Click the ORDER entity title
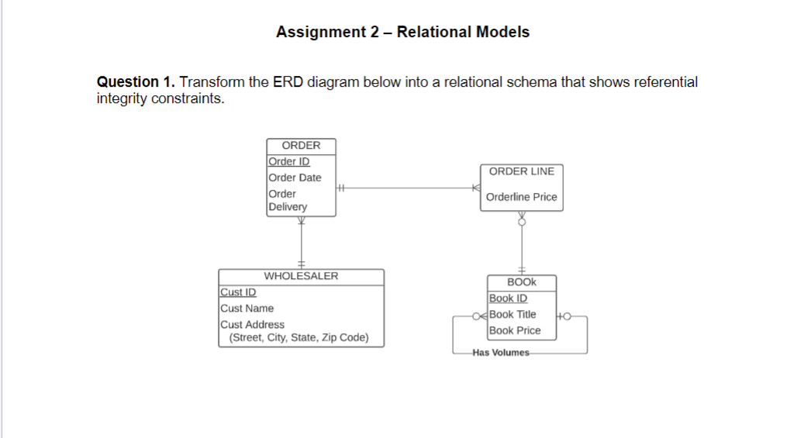[x=301, y=146]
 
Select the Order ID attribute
[x=288, y=161]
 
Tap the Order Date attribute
[x=295, y=178]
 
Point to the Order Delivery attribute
[x=288, y=200]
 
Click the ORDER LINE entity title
[x=522, y=171]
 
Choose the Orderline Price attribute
[x=521, y=197]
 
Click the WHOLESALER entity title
[x=301, y=276]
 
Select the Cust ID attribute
[x=238, y=292]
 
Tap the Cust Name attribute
[x=247, y=309]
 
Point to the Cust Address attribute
[x=252, y=325]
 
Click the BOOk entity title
[x=521, y=282]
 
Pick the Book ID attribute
[x=508, y=298]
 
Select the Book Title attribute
[x=513, y=314]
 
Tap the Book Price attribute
[x=515, y=330]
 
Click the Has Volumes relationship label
[x=501, y=353]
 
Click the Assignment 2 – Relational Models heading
[x=402, y=32]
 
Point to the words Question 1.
[x=136, y=82]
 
